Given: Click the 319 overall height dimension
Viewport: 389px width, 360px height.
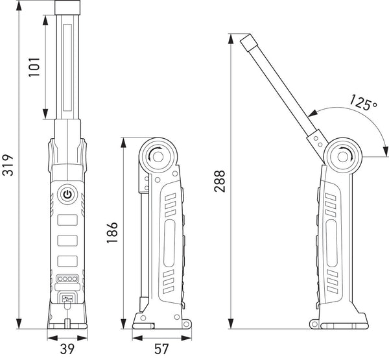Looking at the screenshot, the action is coord(7,165).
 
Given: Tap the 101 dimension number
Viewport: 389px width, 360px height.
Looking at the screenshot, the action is coord(34,67).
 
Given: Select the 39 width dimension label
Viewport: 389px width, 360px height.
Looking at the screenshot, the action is coord(67,349).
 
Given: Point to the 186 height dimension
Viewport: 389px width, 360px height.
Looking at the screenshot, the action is coord(112,233).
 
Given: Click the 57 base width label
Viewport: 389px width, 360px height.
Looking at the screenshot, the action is coord(161,349).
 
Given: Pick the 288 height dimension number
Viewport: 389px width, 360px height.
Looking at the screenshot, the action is coord(220,181).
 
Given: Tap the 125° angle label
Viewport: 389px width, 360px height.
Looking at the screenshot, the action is coord(363,102).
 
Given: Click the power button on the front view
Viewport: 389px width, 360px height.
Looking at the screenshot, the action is coord(67,195).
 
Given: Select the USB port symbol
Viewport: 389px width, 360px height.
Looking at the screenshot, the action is coord(67,298).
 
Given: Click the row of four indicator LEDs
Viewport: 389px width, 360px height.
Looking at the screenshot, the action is coord(67,279).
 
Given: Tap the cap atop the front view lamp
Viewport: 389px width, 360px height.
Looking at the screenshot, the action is coord(67,7).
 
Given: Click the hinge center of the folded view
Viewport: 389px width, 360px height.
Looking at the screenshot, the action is coord(158,157).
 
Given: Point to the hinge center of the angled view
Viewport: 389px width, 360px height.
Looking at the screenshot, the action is coord(343,157).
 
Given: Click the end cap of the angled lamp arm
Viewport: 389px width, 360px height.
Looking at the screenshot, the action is coord(248,42).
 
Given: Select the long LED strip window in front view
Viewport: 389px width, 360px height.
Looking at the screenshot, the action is coord(67,67).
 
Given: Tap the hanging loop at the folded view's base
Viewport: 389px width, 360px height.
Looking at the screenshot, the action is coord(186,324).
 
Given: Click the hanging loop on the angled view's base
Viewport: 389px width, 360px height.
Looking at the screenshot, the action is coord(314,324).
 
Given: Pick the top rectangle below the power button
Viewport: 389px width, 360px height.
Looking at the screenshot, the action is coord(67,220).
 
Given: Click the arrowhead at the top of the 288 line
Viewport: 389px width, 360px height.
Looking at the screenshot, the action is coord(231,39).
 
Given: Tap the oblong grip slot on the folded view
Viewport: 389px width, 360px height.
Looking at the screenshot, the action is coord(169,243).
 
